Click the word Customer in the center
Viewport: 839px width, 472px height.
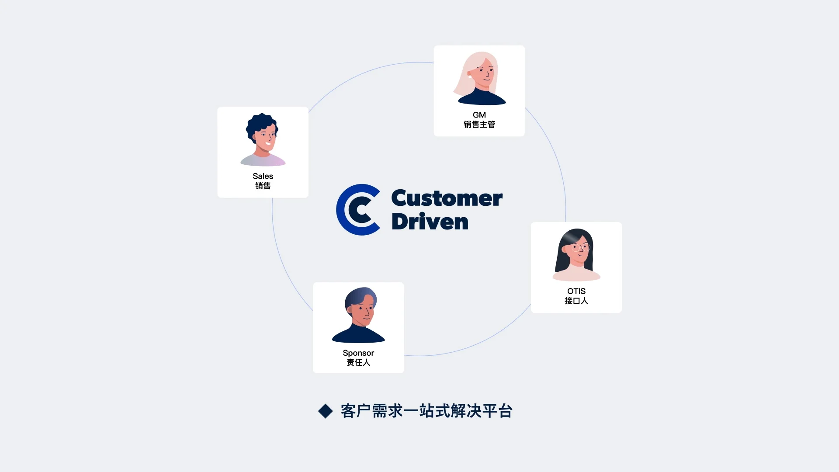point(447,198)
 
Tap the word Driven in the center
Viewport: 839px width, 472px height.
point(430,221)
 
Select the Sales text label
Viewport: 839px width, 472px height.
point(263,176)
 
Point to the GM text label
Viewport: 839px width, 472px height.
point(479,115)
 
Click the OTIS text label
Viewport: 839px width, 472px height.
point(576,291)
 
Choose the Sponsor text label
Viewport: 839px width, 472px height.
point(358,353)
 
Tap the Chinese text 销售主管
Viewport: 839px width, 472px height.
point(479,125)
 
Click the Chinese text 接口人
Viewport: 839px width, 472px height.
point(576,301)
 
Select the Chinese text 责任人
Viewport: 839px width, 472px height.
point(358,363)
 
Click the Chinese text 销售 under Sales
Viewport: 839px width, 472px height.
point(263,186)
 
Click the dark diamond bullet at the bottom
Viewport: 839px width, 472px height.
point(326,411)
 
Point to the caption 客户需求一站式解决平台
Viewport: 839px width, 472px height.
point(426,411)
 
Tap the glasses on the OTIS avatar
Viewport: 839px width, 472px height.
point(581,248)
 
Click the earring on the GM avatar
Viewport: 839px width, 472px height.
point(470,76)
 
